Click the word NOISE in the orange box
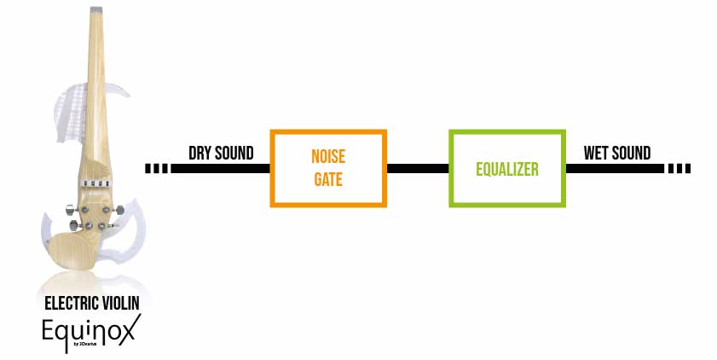point(328,156)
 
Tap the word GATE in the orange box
point(328,179)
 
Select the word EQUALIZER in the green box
point(507,169)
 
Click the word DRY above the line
point(199,153)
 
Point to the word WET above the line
point(595,153)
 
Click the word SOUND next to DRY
point(234,153)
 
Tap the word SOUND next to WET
point(631,153)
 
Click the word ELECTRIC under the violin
point(70,303)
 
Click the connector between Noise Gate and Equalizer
point(418,168)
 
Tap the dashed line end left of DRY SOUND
point(156,168)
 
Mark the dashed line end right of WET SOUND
point(679,168)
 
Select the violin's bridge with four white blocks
point(95,184)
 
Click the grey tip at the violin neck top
point(96,9)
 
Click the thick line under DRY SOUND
point(221,168)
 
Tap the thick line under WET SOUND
point(615,168)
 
